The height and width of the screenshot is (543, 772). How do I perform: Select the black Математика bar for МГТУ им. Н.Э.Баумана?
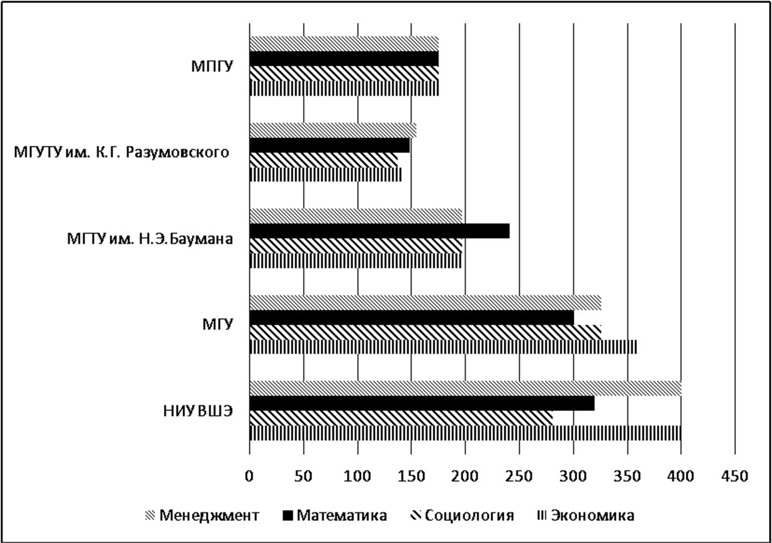380,231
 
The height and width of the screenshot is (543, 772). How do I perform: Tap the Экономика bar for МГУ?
443,347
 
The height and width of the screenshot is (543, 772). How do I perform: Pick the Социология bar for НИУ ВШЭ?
401,418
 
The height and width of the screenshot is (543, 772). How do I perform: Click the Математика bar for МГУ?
412,318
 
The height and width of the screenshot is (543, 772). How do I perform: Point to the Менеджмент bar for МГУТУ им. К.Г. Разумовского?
333,130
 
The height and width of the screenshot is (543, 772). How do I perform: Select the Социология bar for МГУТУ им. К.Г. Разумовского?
324,160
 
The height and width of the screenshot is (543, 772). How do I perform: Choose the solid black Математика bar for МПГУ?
344,59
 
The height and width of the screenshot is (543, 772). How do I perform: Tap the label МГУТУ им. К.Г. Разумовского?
121,152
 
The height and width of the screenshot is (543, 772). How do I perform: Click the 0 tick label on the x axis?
249,476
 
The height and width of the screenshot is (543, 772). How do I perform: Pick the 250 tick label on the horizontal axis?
519,476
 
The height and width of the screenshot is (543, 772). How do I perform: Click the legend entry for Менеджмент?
202,516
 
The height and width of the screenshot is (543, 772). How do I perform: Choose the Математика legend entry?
334,516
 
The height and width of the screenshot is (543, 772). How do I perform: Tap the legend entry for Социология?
462,516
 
